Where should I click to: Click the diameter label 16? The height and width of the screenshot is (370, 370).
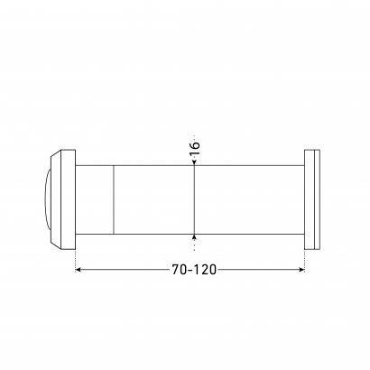(195, 148)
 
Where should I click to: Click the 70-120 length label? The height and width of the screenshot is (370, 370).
(194, 270)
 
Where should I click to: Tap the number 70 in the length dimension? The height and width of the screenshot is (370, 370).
(180, 270)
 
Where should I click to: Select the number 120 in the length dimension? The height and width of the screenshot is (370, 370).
(204, 270)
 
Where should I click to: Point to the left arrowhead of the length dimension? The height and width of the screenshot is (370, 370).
(78, 270)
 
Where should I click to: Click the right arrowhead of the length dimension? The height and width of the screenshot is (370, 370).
(302, 270)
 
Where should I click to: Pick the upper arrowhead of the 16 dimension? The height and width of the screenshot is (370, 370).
(194, 162)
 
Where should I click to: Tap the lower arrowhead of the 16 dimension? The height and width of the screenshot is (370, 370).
(194, 237)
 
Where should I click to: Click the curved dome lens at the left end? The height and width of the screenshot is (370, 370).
(47, 199)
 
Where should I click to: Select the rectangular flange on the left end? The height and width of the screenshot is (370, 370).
(68, 199)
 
